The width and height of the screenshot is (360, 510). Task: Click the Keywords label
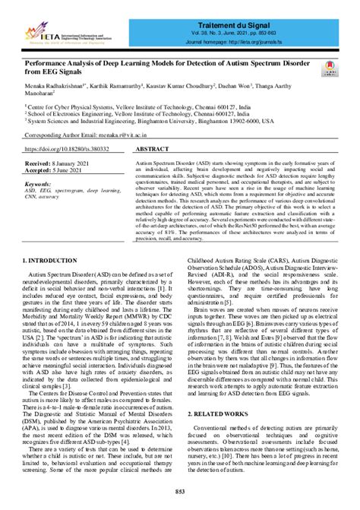pyautogui.click(x=38, y=184)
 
